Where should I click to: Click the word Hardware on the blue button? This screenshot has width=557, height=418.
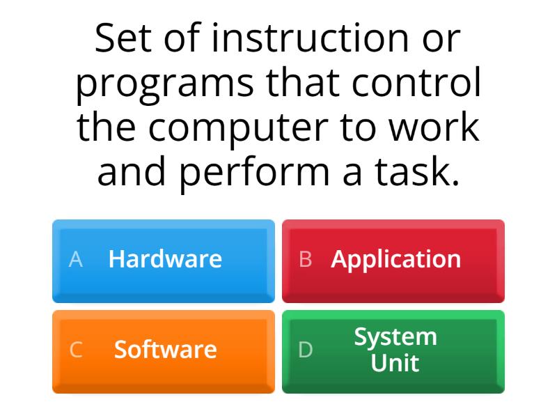click(165, 259)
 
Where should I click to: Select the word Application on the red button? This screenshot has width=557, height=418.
click(395, 259)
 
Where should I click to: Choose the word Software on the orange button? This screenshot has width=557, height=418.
click(165, 349)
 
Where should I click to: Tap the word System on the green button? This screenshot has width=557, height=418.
click(395, 336)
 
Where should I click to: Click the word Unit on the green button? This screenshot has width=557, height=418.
click(395, 362)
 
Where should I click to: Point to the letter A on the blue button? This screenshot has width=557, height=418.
click(76, 259)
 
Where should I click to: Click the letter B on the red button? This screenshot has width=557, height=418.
click(305, 259)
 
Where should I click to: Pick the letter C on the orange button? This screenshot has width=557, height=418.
click(76, 350)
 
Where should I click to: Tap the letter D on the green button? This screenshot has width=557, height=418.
click(305, 350)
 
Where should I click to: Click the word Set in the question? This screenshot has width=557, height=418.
click(122, 38)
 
